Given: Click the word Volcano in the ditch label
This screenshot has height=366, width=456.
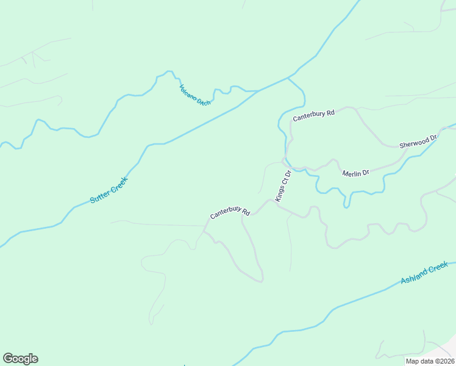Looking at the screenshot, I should pos(189,92).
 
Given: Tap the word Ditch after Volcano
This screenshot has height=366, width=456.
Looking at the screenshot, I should pos(204,102).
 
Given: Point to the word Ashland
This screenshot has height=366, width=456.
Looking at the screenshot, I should pos(415,277).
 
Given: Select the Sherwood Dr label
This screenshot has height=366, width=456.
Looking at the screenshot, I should pos(418,142).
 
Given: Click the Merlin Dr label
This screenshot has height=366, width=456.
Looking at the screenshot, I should pos(355,173).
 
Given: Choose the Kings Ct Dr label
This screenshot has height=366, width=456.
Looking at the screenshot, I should pos(283,186).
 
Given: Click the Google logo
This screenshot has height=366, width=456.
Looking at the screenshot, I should pos(20,359).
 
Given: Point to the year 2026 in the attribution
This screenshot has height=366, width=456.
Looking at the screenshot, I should pos(446,361).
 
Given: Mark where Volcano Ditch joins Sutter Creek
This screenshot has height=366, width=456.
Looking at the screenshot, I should pos(257,91).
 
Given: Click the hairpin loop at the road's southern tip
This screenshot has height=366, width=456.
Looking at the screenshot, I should pos(261,281).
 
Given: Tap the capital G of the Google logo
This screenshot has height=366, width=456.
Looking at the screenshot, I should pos(8,359).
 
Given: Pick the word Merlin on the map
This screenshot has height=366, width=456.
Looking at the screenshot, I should pos(351,173).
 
